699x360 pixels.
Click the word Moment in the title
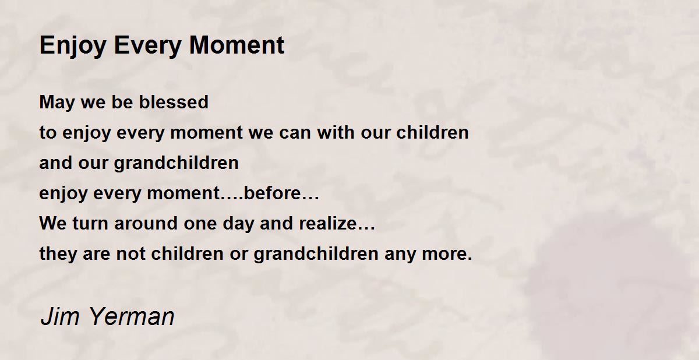point(237,45)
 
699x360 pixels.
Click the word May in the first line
point(57,103)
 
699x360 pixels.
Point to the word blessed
point(174,102)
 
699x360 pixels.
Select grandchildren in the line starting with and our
point(176,164)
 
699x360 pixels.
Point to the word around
point(146,223)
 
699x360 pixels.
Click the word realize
point(327,223)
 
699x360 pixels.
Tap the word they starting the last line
point(58,254)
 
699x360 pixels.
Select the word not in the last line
point(130,253)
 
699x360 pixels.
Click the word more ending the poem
point(444,254)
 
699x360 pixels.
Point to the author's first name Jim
point(59,316)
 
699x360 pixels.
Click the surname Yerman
point(132,316)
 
